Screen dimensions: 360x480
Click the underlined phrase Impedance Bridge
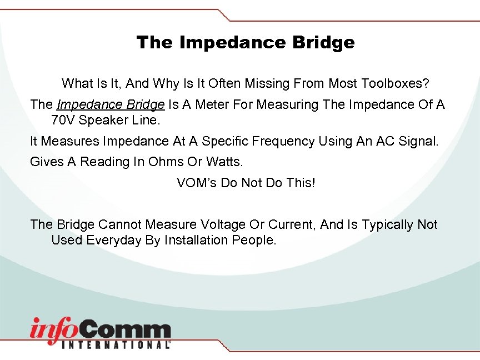pos(111,104)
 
